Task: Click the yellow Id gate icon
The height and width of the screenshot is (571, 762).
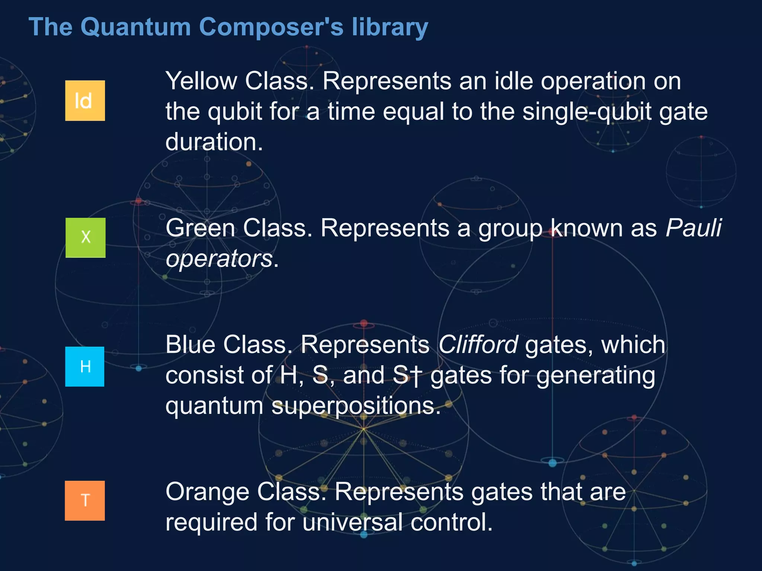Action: coord(85,101)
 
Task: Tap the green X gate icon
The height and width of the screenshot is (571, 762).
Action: coord(86,238)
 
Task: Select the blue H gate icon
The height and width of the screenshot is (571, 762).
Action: coord(85,367)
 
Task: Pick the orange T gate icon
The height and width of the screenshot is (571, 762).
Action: coord(85,500)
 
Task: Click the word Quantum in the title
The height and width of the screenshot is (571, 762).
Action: coord(135,27)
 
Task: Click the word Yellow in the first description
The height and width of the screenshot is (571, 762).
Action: coord(201,81)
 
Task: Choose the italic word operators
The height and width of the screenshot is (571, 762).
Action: coord(219,258)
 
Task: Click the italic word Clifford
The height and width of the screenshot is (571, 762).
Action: coord(478,345)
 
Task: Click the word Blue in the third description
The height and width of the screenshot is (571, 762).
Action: coord(190,345)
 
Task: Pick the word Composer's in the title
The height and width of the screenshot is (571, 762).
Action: coord(271,27)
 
